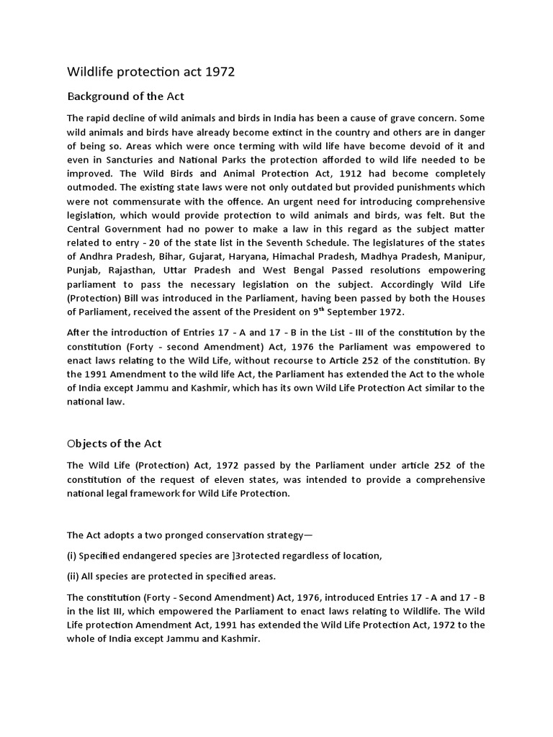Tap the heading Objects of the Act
(115, 443)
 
